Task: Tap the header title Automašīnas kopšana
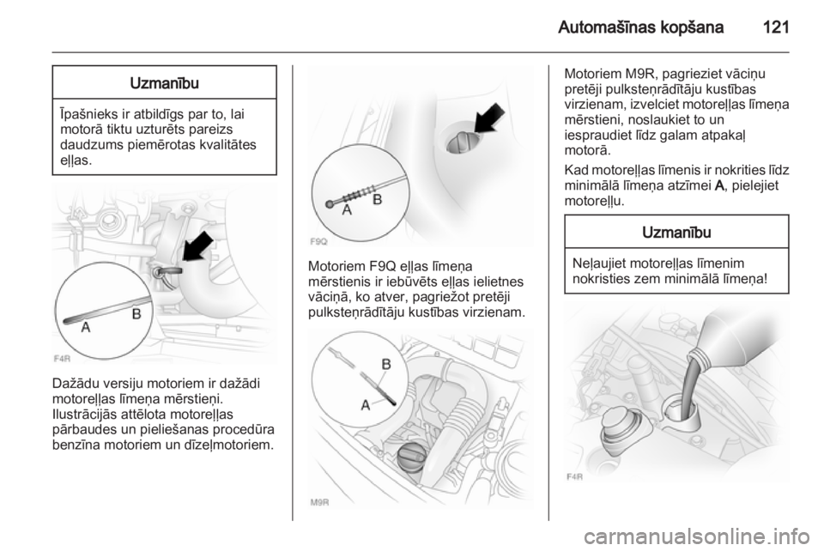click(640, 27)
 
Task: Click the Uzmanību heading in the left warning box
click(164, 83)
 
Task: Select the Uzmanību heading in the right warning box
click(676, 233)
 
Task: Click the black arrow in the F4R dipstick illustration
click(197, 246)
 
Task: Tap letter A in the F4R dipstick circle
click(86, 327)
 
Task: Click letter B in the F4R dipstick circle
click(136, 314)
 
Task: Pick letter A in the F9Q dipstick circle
click(347, 210)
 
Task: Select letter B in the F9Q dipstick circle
click(378, 200)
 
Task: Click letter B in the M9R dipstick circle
click(386, 364)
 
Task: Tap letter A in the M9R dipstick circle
click(366, 405)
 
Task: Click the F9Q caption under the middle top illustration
click(318, 242)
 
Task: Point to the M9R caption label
click(319, 502)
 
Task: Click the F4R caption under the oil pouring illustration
click(575, 477)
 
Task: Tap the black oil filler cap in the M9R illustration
click(415, 457)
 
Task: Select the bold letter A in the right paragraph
click(720, 185)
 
